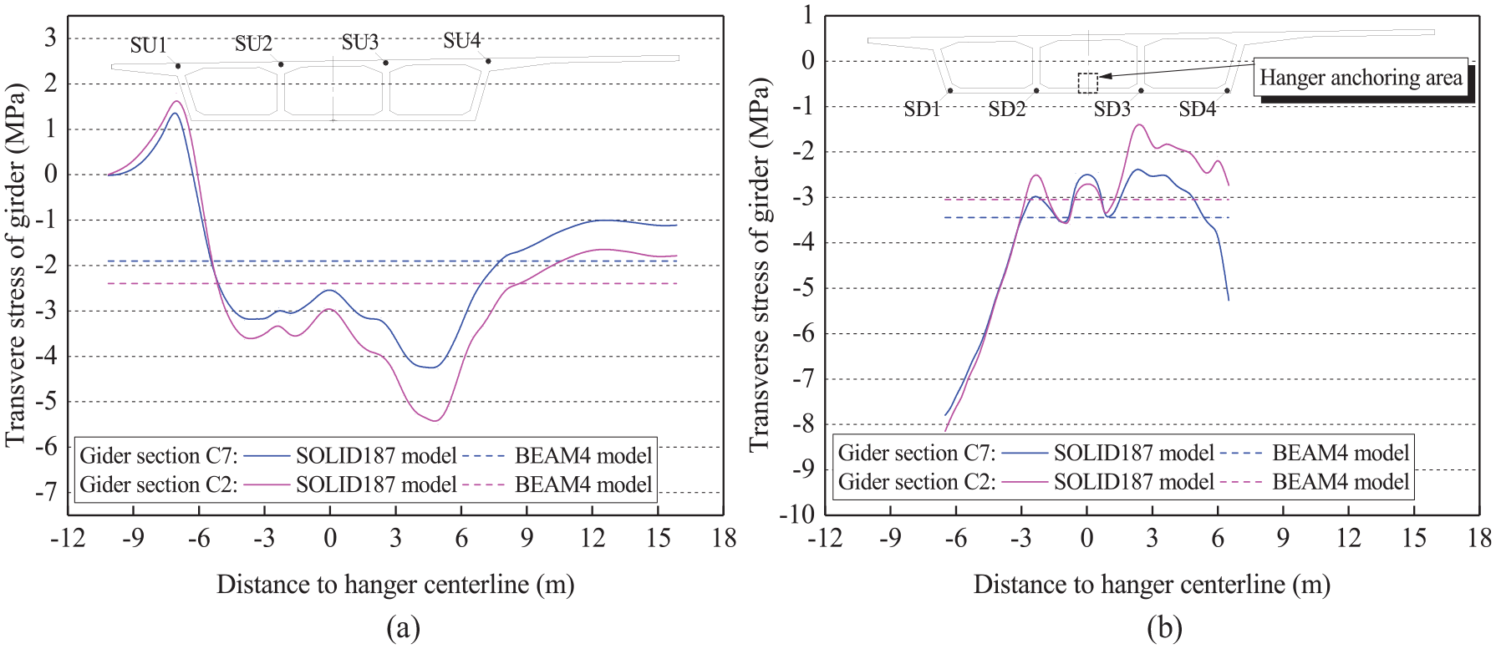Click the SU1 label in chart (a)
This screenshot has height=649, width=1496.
point(149,45)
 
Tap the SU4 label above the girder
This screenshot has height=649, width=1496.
point(461,40)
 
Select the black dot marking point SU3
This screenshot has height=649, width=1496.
point(385,63)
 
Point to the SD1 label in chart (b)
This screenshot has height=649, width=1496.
point(923,109)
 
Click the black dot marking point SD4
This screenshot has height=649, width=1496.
point(1227,90)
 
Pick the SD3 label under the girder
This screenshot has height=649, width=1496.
point(1112,109)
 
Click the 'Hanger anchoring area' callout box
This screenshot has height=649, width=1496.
point(1361,78)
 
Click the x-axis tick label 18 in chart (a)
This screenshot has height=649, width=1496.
point(724,538)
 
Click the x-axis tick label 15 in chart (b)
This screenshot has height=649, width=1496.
point(1414,538)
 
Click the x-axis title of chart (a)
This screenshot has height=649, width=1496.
point(395,585)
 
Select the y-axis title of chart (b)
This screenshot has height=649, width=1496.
point(759,265)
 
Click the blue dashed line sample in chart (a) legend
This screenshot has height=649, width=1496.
point(484,456)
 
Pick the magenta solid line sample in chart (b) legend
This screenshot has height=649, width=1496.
point(1024,482)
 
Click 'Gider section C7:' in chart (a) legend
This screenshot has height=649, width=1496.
point(159,456)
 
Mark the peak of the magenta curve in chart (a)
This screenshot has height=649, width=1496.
point(176,102)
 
